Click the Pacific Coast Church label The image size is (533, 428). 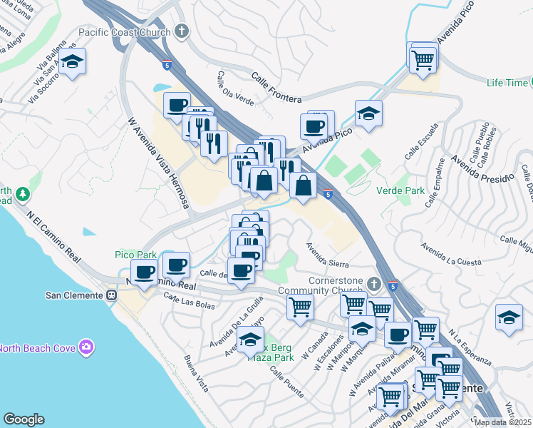coord(125,32)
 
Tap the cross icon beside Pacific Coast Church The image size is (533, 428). coord(182,31)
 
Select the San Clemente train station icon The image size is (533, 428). coord(112,295)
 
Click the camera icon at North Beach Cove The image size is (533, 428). coord(87,347)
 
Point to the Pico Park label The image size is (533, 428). coord(135,255)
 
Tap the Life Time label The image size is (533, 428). coord(506,83)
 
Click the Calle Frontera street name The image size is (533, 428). coord(277,86)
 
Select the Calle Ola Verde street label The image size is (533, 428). coord(236,88)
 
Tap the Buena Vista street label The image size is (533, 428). coord(196,373)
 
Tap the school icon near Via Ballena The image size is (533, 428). coord(72,62)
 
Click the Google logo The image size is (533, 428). coord(24,419)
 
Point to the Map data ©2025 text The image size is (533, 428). coord(503,422)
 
